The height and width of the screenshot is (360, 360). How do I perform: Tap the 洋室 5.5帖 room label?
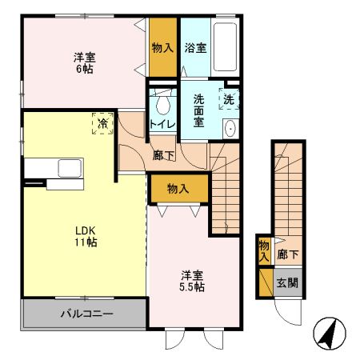(192, 280)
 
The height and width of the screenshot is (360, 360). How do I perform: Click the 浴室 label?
(195, 47)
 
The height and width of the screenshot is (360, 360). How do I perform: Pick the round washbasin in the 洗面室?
(230, 128)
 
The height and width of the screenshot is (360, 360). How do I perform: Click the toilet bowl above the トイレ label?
(163, 102)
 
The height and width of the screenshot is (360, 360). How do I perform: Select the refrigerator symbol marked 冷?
(102, 123)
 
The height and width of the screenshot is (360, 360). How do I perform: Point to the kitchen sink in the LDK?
(67, 169)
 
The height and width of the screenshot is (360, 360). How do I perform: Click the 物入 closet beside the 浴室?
(162, 48)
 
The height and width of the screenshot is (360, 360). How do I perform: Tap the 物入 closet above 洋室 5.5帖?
(178, 189)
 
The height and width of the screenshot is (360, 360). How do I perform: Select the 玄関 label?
(287, 282)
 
